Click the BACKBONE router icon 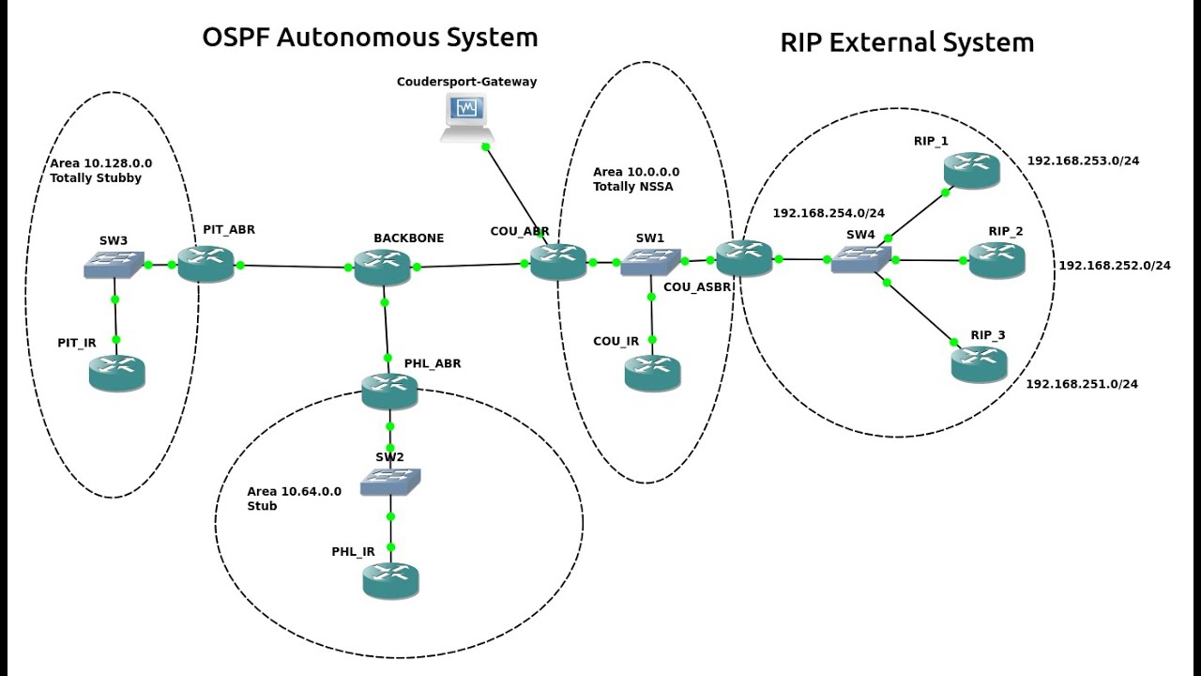point(383,267)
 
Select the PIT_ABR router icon point(205,265)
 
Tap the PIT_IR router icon point(116,373)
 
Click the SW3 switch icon point(114,265)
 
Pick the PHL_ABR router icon point(389,391)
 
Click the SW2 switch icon point(390,482)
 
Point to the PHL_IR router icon point(390,580)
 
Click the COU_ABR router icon point(557,261)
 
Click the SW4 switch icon point(860,259)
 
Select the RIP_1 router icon point(972,169)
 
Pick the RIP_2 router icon point(996,260)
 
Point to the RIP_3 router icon point(979,363)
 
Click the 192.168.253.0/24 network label point(1083,161)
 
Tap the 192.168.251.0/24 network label point(1082,384)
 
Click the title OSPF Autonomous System point(370,38)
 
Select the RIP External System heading point(906,42)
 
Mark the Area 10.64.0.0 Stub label point(294,499)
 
